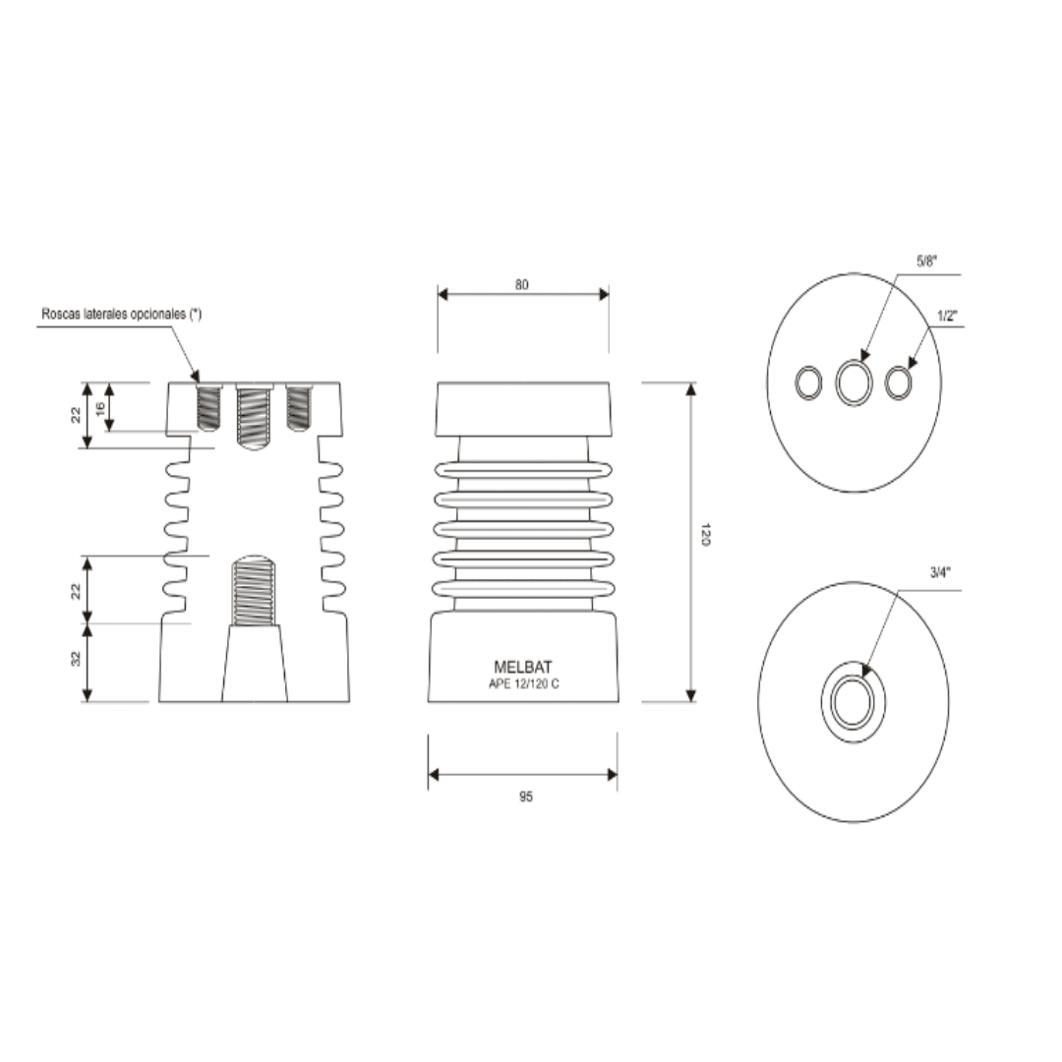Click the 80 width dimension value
pos(522,284)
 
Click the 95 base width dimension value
pos(526,796)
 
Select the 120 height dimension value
pos(705,536)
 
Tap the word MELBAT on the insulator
pos(522,667)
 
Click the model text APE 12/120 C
pos(523,683)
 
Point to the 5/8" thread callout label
pos(926,262)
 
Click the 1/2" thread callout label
pos(948,316)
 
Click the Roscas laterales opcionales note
pos(121,314)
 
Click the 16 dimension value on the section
pos(99,407)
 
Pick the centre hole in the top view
pos(854,382)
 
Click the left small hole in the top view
pos(807,383)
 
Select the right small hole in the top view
pos(899,382)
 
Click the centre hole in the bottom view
pos(853,702)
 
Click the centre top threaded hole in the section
pos(255,415)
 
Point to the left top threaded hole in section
pos(209,407)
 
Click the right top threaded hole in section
pos(299,407)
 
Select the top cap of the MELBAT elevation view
pos(523,409)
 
